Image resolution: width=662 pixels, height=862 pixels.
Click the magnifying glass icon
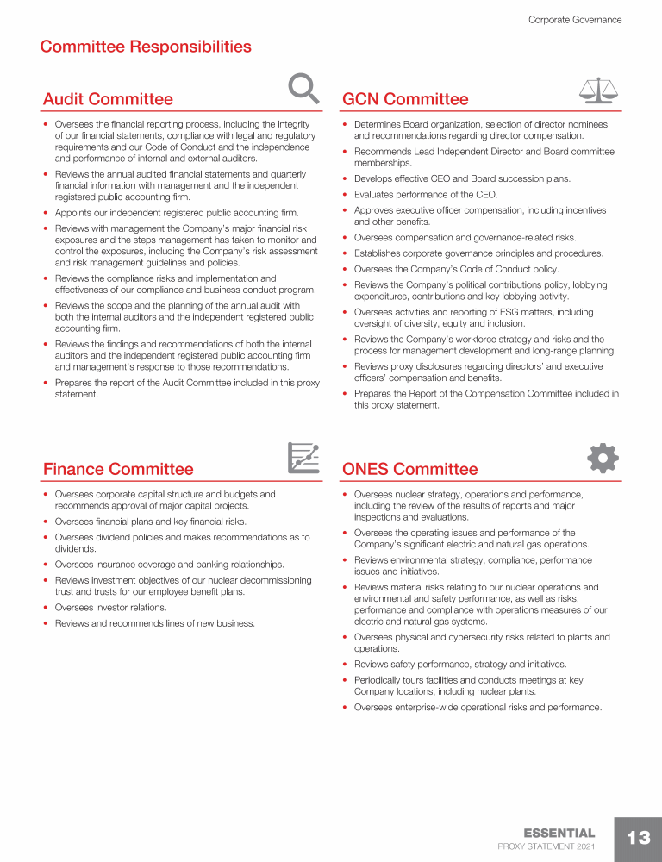coord(303,88)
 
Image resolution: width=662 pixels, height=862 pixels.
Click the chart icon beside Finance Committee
coord(303,458)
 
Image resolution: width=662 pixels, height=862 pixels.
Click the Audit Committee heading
coord(108,99)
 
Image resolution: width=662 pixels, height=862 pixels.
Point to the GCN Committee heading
coord(405,99)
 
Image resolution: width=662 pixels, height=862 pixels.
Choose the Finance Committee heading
coord(118,469)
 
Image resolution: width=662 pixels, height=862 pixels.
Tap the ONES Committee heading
coord(409,469)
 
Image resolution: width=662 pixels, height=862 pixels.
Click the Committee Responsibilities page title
coord(146,47)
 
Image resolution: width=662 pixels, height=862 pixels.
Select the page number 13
coord(638,838)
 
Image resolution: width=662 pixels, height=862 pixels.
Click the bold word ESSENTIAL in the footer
coord(559,833)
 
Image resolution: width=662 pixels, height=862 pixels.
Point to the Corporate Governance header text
coord(575,20)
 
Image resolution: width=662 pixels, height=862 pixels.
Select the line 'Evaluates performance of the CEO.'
coord(426,195)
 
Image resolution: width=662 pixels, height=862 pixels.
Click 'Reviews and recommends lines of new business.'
coord(154,623)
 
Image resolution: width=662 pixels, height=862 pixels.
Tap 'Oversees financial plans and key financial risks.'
coord(150,522)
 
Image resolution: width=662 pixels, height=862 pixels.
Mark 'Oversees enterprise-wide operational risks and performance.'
coord(478,708)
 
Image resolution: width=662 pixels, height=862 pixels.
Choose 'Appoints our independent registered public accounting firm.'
coord(177,213)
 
